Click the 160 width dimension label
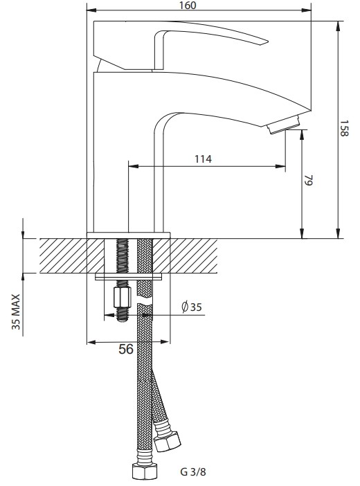tap(188, 6)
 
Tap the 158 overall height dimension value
tap(344, 128)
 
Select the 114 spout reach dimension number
tap(203, 159)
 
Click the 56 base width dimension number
tap(126, 349)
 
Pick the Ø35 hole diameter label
tap(191, 307)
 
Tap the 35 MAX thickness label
tap(16, 312)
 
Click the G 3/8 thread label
tap(193, 472)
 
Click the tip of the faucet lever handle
tap(267, 42)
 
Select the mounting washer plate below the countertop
tap(129, 276)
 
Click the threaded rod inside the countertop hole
tap(123, 256)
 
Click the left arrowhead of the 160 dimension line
tap(91, 10)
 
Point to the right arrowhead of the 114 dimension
tap(280, 166)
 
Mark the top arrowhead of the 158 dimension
tap(338, 26)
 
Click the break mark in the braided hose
tap(145, 302)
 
